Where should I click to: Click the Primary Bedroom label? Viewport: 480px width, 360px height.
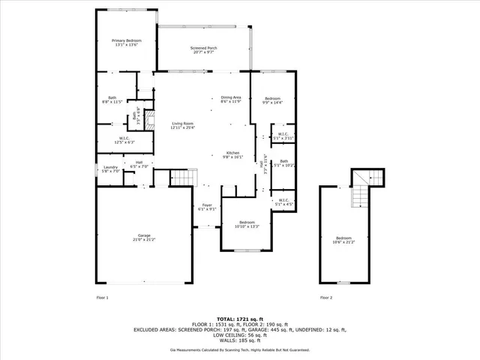(x=126, y=43)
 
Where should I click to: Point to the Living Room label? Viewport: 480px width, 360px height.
(x=183, y=125)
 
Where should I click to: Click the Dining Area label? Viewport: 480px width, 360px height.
(x=230, y=99)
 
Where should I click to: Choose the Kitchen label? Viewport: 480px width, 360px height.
(x=232, y=155)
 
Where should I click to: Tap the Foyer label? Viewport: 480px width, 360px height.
(x=207, y=207)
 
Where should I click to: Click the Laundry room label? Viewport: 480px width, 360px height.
(x=110, y=169)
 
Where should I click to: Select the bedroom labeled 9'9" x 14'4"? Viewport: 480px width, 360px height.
(x=272, y=100)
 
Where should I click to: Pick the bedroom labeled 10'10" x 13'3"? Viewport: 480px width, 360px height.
(x=247, y=224)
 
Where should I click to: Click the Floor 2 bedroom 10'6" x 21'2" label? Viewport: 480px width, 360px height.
(x=343, y=240)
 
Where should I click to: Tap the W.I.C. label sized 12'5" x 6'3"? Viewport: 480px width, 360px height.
(x=124, y=139)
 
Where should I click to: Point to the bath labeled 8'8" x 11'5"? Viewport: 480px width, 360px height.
(x=112, y=99)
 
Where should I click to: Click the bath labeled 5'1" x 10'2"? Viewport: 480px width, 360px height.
(x=283, y=163)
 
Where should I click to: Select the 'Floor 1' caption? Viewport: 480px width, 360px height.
(x=103, y=298)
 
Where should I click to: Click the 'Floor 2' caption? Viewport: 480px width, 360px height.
(x=326, y=298)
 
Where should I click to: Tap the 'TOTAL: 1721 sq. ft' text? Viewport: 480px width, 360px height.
(x=239, y=319)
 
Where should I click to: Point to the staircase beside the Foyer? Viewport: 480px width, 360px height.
(x=184, y=178)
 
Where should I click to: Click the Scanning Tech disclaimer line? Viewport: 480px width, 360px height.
(x=239, y=349)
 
